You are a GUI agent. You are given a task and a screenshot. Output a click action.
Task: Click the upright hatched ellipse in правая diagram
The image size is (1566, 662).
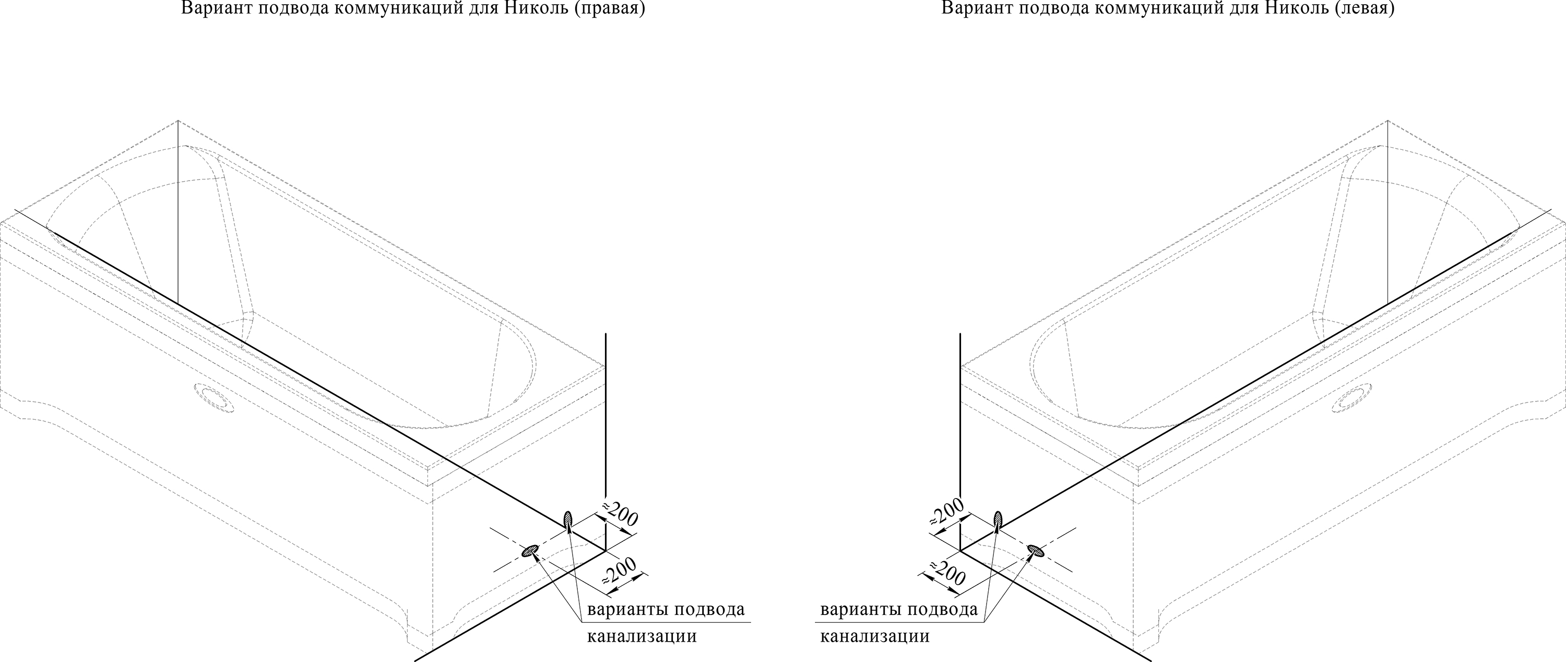click(x=568, y=521)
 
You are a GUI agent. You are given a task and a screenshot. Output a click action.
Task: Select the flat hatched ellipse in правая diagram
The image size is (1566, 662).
click(x=531, y=551)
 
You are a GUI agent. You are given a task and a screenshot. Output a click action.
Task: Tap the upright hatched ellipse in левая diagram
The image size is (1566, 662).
click(x=998, y=521)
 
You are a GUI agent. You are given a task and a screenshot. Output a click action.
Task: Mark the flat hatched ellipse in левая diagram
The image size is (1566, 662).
click(x=1036, y=551)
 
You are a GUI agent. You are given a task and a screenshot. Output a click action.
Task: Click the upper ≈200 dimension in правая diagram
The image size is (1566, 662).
click(x=620, y=514)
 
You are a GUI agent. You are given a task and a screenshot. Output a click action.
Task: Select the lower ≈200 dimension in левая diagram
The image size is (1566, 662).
click(x=945, y=573)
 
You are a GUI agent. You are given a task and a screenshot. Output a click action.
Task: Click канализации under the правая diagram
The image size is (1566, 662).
click(x=642, y=637)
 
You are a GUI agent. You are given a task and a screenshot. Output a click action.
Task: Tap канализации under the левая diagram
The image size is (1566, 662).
click(x=875, y=637)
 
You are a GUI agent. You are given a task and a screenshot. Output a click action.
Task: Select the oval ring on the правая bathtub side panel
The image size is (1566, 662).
click(x=213, y=397)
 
